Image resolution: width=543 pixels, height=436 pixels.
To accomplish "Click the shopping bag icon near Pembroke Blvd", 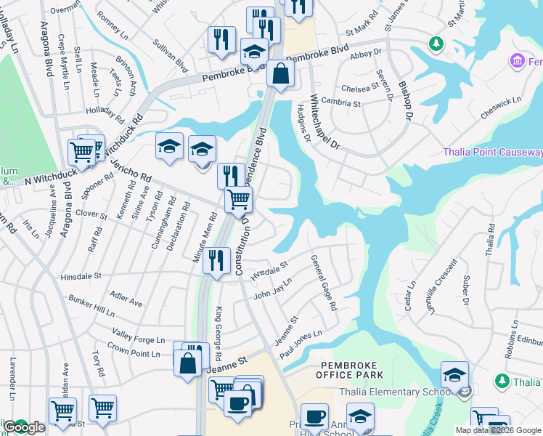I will click(280, 73).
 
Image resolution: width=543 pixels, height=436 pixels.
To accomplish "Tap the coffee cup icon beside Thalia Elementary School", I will click(314, 416).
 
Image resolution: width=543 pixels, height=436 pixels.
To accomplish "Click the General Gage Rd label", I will click(324, 283).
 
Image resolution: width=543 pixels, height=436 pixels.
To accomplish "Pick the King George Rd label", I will click(218, 324).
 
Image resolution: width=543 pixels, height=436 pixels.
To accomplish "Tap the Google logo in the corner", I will click(24, 428).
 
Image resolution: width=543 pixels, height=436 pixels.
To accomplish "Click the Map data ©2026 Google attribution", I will click(498, 430).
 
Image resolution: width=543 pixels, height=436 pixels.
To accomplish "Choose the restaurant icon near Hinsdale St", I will click(216, 261).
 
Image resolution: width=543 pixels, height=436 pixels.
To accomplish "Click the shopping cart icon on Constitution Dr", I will click(238, 199).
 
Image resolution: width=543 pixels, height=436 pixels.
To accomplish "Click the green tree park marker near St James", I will click(436, 44).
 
